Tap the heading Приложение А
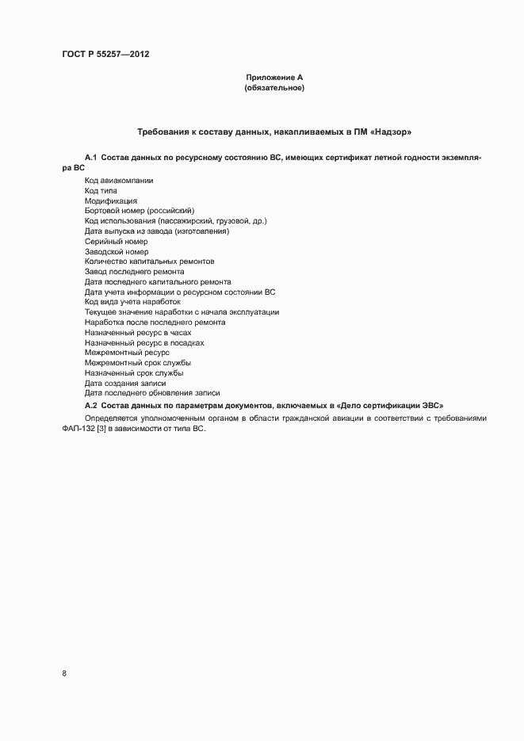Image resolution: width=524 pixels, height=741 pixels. tap(275, 77)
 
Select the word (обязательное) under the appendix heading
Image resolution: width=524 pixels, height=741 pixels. tap(275, 88)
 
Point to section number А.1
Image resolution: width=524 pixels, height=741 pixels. tap(90, 158)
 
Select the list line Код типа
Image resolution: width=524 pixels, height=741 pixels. tap(101, 191)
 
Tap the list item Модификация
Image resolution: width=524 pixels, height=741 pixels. tap(111, 201)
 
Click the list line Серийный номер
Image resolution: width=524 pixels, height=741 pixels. tap(116, 241)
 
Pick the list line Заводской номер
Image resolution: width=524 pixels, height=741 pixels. tap(117, 251)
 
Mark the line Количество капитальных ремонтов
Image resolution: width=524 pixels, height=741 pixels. tap(149, 262)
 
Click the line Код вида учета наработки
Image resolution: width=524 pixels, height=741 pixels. tap(133, 302)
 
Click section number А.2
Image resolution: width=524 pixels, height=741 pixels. tap(90, 403)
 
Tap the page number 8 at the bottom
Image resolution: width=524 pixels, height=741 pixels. tap(64, 674)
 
